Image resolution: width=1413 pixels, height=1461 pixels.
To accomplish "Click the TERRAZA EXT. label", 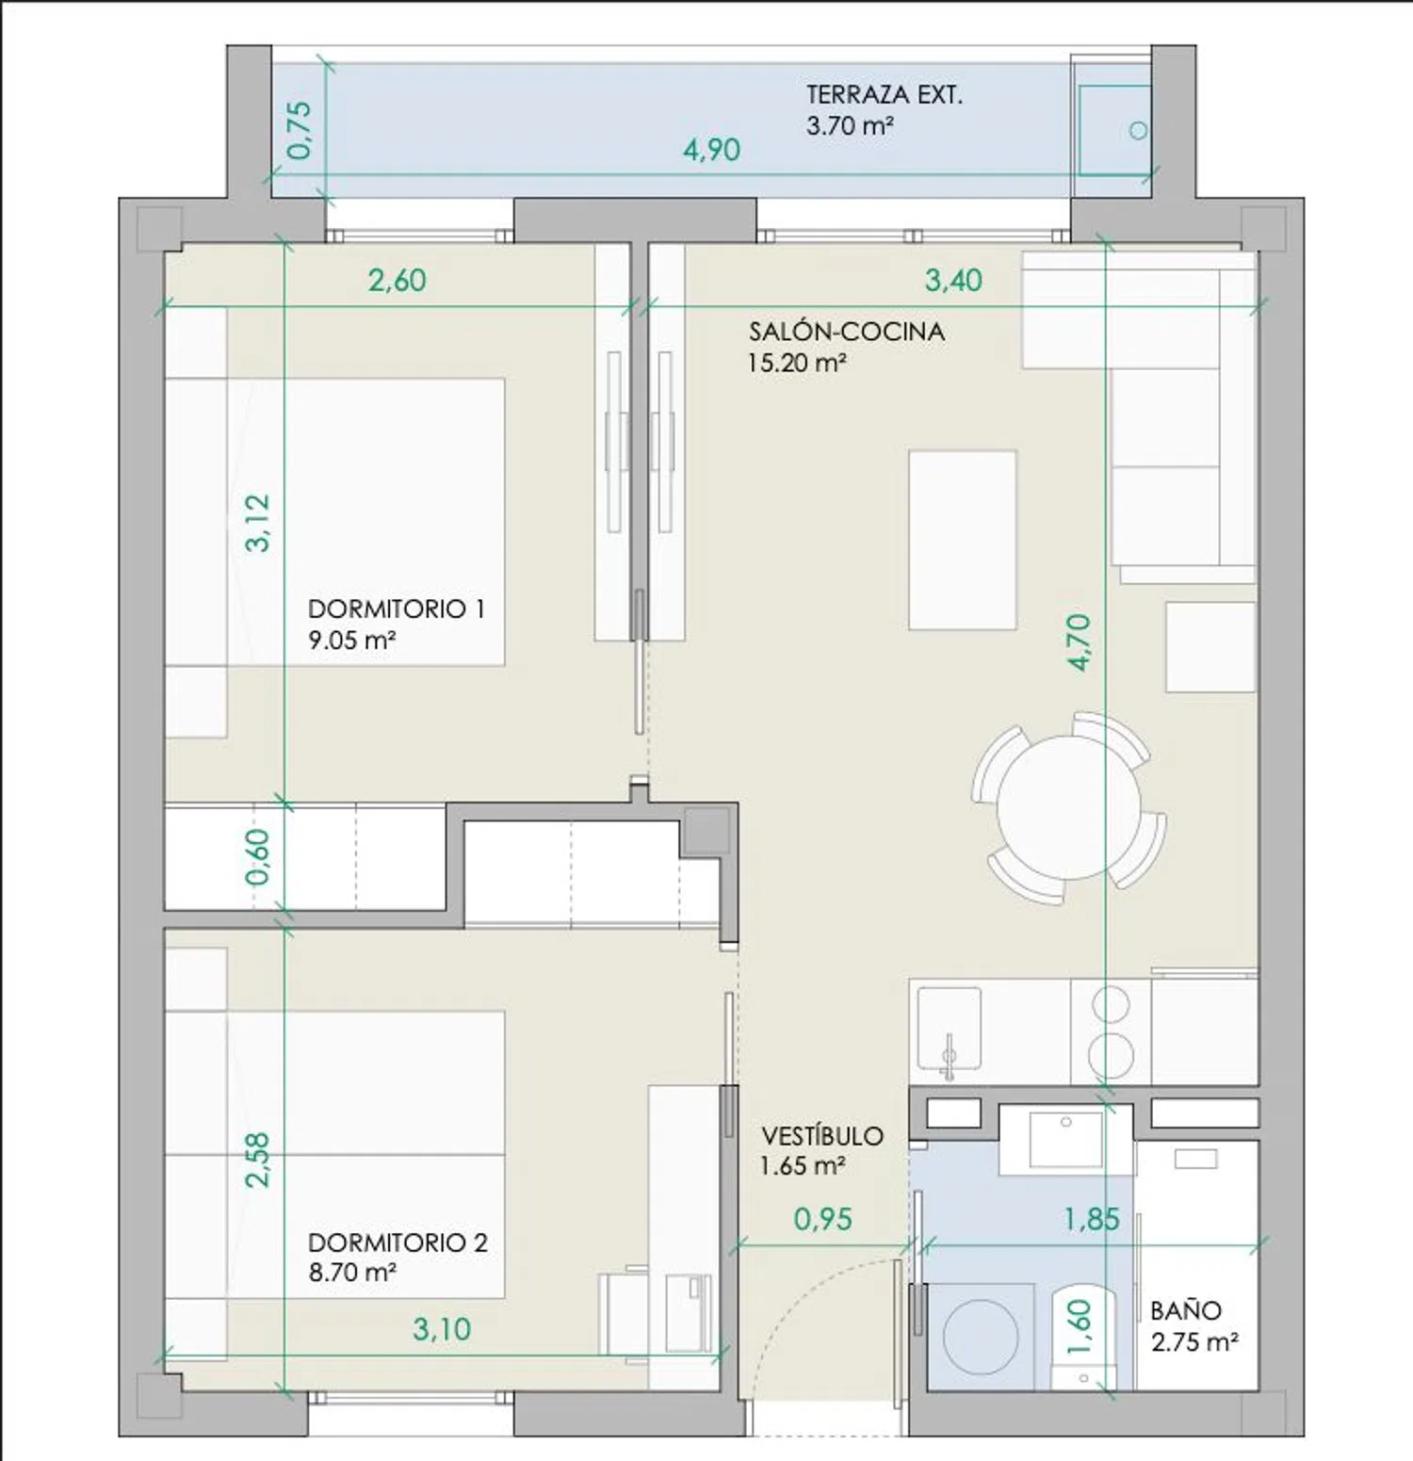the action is (x=884, y=95).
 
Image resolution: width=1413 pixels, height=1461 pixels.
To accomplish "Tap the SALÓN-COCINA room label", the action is (x=847, y=332).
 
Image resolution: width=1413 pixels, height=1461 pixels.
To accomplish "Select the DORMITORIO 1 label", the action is (x=397, y=609).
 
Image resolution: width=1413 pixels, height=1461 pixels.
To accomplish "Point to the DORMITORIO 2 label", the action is (x=398, y=1242).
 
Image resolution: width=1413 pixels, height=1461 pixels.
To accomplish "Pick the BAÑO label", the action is (x=1186, y=1310).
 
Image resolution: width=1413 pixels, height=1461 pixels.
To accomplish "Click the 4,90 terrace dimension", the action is (x=711, y=150).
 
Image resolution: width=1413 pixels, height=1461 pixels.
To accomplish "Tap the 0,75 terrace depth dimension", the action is (x=299, y=130).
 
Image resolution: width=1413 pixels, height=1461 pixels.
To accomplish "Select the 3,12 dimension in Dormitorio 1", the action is (x=257, y=523).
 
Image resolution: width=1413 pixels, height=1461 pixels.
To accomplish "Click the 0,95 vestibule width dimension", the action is (x=822, y=1219).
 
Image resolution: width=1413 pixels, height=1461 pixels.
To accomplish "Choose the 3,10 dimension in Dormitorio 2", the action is (x=442, y=1329).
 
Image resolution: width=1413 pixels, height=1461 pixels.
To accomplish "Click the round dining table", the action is (x=1068, y=808).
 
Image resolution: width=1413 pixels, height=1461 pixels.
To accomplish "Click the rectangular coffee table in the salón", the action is (x=963, y=540).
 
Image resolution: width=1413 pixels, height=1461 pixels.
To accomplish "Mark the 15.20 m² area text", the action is (x=797, y=363).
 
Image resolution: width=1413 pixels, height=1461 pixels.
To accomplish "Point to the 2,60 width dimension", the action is (x=397, y=280).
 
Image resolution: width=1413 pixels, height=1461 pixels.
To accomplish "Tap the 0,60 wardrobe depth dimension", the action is (x=257, y=856).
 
